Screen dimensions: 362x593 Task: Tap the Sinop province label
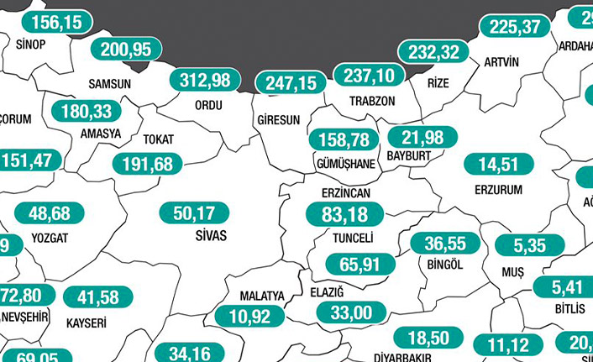30,47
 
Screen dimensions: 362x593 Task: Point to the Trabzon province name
371,100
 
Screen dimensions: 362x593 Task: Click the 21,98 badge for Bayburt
422,138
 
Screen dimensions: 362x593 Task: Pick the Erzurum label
498,190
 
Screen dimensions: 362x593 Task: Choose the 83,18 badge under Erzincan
345,214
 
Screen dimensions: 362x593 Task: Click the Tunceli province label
352,239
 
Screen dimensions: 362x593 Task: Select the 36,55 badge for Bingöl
444,244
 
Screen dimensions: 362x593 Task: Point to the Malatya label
262,296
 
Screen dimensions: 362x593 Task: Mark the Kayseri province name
86,322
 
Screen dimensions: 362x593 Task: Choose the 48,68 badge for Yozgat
49,213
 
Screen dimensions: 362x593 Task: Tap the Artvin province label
502,62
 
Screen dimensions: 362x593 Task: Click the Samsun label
109,84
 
